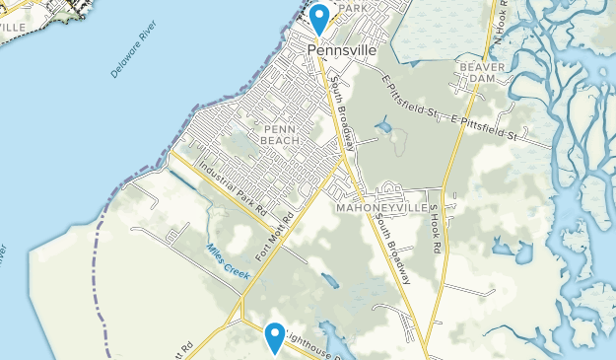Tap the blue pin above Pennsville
[320, 19]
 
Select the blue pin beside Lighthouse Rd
[275, 337]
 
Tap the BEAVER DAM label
[481, 73]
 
